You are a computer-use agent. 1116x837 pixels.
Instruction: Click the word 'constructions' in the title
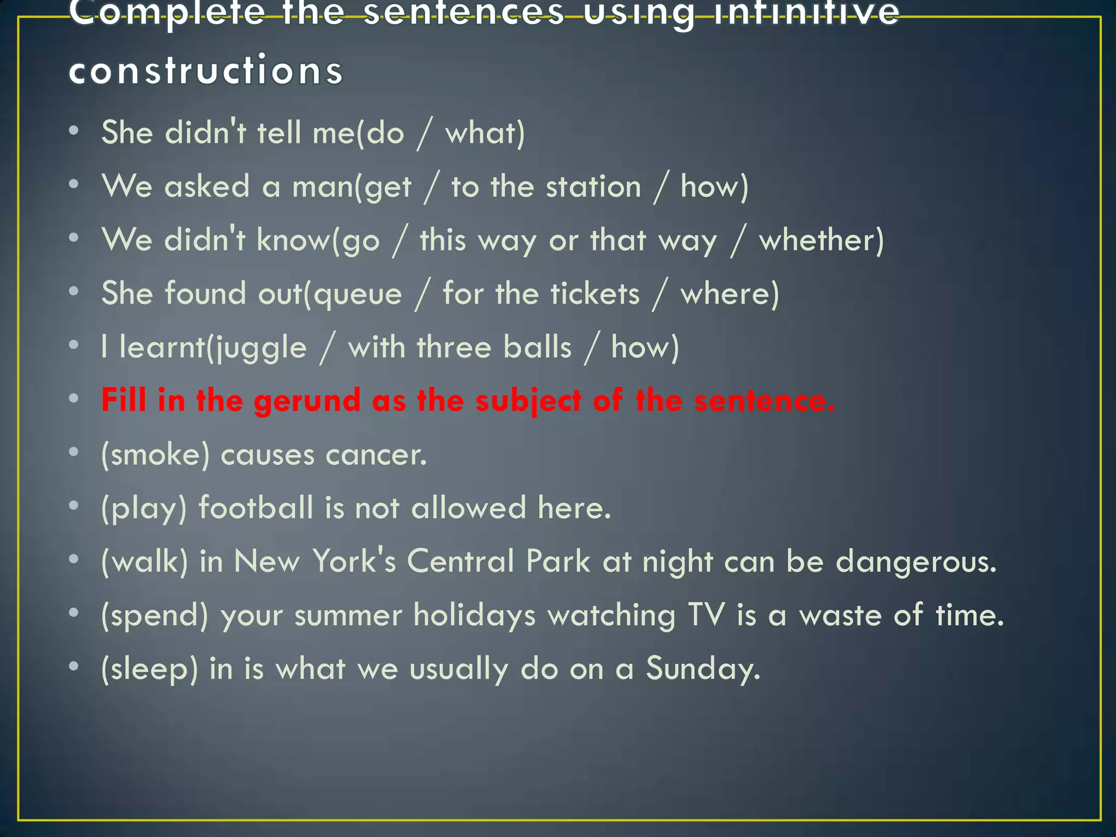coord(205,70)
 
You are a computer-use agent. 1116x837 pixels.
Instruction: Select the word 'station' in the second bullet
coord(593,187)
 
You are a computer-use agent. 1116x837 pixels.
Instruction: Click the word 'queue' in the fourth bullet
coord(358,295)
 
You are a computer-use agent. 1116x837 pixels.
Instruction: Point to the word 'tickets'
coord(595,294)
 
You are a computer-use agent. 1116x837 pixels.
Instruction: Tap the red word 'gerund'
coord(307,401)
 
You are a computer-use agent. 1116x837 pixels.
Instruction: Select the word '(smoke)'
coord(155,454)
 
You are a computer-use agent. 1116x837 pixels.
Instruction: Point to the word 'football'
coord(256,508)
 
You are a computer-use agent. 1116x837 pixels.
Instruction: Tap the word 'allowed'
coord(468,508)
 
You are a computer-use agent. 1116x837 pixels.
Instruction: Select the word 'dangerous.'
coord(916,561)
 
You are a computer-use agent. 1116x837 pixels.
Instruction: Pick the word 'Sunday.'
coord(703,669)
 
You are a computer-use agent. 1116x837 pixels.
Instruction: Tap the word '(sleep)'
coord(149,669)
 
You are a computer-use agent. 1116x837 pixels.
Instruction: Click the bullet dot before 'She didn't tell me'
coord(74,131)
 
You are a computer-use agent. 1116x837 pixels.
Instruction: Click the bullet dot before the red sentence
coord(74,398)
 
